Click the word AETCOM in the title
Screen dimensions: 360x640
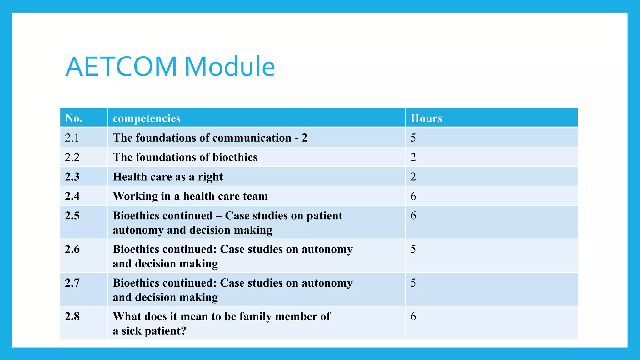[121, 67]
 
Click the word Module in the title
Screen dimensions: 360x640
[229, 67]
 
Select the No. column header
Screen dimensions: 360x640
[74, 118]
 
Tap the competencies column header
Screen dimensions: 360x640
[147, 118]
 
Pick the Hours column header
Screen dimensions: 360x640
[426, 118]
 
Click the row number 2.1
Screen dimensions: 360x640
[72, 138]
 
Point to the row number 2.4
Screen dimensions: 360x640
[72, 196]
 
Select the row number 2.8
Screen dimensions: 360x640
[72, 317]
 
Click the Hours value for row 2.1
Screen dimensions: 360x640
[413, 138]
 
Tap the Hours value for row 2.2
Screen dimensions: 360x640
[413, 157]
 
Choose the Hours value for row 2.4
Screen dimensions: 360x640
[413, 196]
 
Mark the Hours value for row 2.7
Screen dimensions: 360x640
[413, 283]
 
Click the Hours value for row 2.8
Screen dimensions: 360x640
[413, 317]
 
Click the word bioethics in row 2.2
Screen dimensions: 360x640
[235, 157]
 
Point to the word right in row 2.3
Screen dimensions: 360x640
[210, 177]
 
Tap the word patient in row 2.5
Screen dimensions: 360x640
[324, 216]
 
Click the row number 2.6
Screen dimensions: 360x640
[72, 249]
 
